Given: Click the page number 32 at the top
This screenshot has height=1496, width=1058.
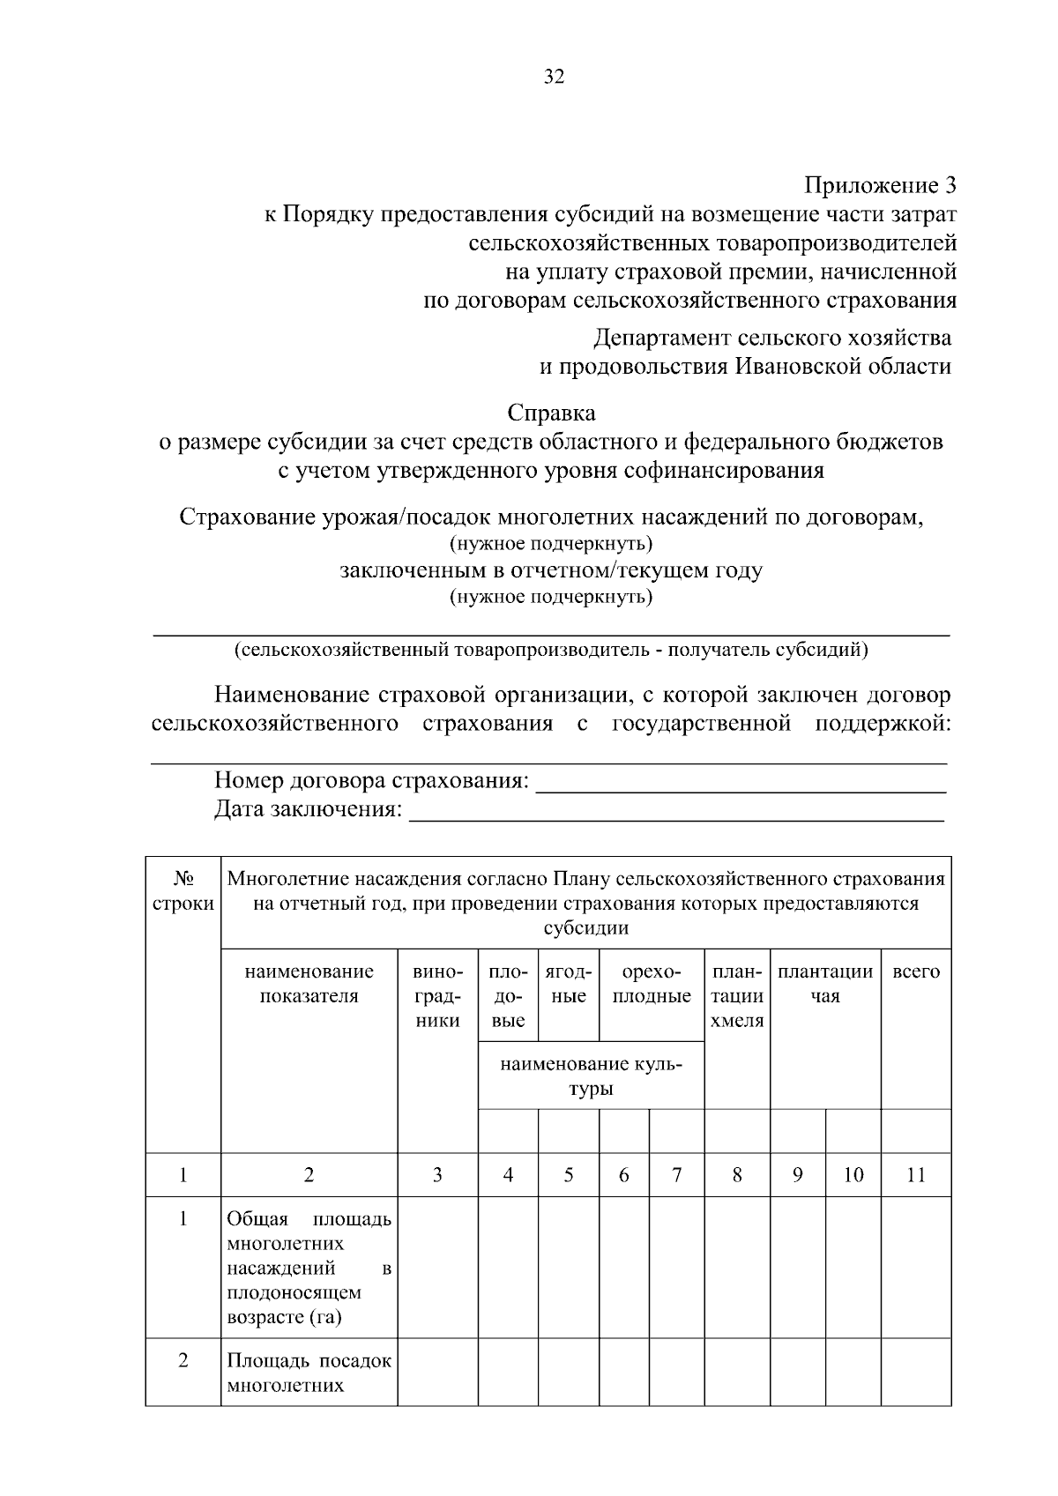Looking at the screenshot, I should tap(554, 77).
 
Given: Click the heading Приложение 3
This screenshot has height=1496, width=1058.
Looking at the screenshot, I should tap(879, 186).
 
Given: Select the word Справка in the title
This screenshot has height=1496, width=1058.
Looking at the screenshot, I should tap(551, 413).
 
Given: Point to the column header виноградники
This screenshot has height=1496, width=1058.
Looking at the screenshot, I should tap(437, 996).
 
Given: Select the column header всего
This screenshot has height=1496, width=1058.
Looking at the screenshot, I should tap(916, 972).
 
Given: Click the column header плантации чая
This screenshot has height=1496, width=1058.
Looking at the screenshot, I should tap(824, 984).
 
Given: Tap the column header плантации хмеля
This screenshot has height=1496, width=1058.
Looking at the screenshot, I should tap(737, 996).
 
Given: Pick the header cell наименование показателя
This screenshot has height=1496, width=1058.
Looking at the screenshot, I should tap(309, 984).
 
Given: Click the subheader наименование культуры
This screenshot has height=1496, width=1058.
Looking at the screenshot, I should tap(591, 1075).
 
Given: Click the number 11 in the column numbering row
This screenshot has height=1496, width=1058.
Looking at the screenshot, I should tap(916, 1175).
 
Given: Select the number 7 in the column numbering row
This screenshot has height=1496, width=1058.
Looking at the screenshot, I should tap(676, 1175).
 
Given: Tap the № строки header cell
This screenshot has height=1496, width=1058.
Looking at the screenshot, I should tap(183, 891).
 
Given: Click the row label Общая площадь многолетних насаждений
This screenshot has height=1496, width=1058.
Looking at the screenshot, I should tap(309, 1268).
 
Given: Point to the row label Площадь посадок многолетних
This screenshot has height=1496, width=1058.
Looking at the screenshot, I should tap(309, 1373).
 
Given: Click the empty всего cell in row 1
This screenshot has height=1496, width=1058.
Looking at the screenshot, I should tap(916, 1268).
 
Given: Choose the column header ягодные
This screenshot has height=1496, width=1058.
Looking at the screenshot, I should tap(568, 984).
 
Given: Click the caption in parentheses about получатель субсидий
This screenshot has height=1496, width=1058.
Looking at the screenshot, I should tap(551, 651).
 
